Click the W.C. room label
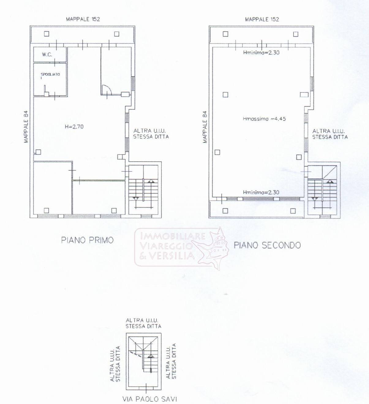pyautogui.click(x=47, y=55)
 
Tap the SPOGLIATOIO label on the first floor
pyautogui.click(x=50, y=74)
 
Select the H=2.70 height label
pyautogui.click(x=72, y=126)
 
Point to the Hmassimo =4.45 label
pyautogui.click(x=264, y=119)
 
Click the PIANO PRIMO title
pyautogui.click(x=87, y=240)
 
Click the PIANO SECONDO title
pyautogui.click(x=267, y=245)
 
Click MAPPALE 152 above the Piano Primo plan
pyautogui.click(x=83, y=19)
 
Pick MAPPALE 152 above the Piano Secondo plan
pyautogui.click(x=262, y=19)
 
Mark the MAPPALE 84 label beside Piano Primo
pyautogui.click(x=26, y=126)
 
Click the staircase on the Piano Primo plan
pyautogui.click(x=143, y=190)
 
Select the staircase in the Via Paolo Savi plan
pyautogui.click(x=144, y=355)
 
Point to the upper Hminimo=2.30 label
pyautogui.click(x=261, y=52)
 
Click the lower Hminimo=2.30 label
pyautogui.click(x=261, y=192)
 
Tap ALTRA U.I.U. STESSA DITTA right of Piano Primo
pyautogui.click(x=151, y=134)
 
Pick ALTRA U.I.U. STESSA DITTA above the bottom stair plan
pyautogui.click(x=143, y=323)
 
